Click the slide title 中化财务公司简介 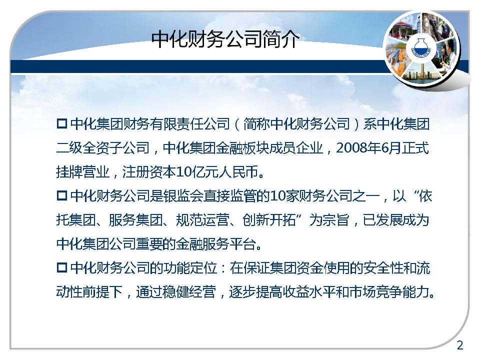pyautogui.click(x=225, y=39)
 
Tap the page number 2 pyautogui.click(x=460, y=345)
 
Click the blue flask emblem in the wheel pyautogui.click(x=421, y=48)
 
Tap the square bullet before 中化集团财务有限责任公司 pyautogui.click(x=62, y=123)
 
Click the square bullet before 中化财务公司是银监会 pyautogui.click(x=62, y=195)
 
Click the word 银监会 pyautogui.click(x=183, y=196)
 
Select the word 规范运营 pyautogui.click(x=202, y=220)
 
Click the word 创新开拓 pyautogui.click(x=269, y=220)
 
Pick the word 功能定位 pyautogui.click(x=190, y=268)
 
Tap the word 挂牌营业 pyautogui.click(x=82, y=172)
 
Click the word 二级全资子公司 pyautogui.click(x=102, y=148)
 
